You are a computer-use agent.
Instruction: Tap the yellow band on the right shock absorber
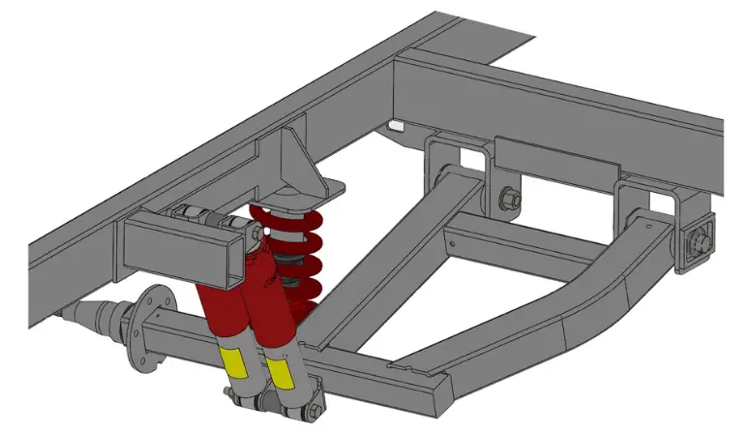(x=280, y=369)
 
